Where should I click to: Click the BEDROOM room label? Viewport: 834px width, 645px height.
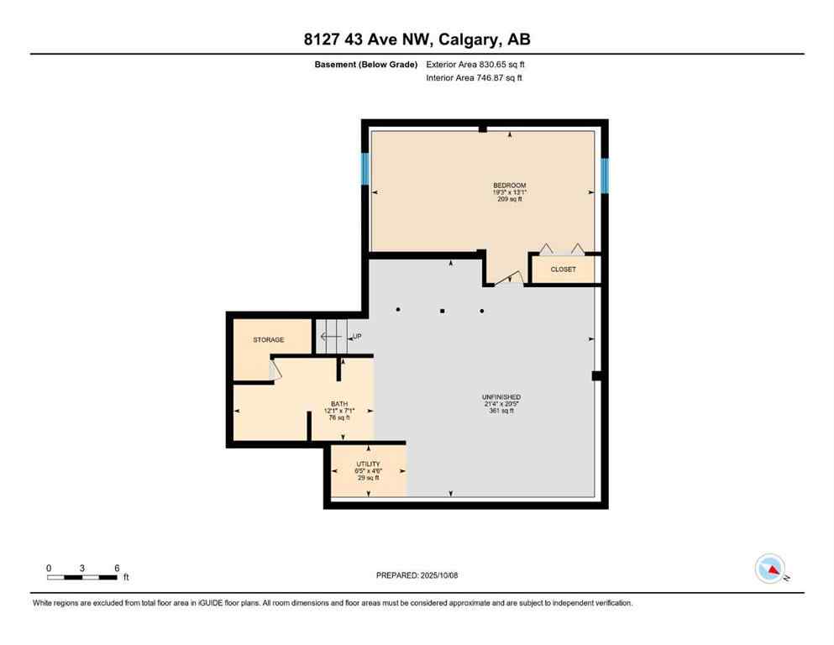tap(510, 185)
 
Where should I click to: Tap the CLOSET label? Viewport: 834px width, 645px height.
tap(563, 270)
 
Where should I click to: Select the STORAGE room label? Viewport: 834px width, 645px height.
tap(269, 340)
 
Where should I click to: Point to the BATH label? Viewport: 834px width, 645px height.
tap(339, 403)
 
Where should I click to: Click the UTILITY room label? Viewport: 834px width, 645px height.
tap(368, 464)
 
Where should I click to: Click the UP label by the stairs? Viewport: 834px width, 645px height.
tap(357, 337)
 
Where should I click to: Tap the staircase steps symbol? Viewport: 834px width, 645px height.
tap(331, 336)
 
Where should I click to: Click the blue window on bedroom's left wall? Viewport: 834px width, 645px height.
tap(365, 168)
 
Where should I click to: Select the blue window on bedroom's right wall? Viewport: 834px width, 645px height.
tap(604, 175)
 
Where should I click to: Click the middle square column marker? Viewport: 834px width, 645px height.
tap(443, 311)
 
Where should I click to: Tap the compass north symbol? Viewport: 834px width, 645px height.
tap(770, 569)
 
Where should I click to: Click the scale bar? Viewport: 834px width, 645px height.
tap(82, 576)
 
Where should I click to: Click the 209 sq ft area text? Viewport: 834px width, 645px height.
tap(510, 200)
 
